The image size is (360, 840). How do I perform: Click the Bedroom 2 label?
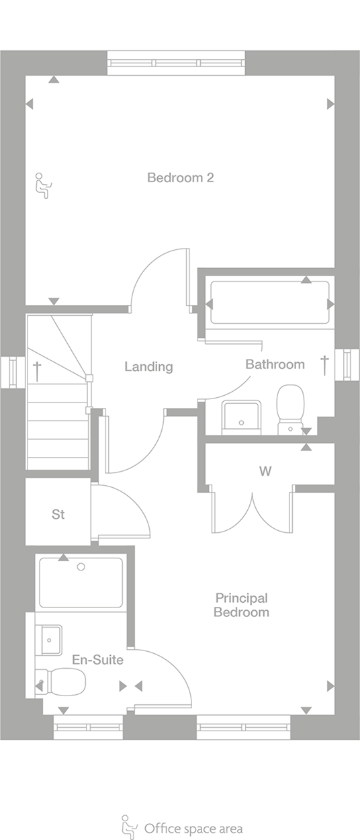pyautogui.click(x=181, y=177)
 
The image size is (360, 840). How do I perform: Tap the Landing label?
pyautogui.click(x=148, y=367)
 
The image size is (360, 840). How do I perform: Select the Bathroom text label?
pyautogui.click(x=275, y=364)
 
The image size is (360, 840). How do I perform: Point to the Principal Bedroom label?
pyautogui.click(x=242, y=605)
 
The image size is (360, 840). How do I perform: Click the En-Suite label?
pyautogui.click(x=98, y=660)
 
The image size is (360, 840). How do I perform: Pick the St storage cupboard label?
pyautogui.click(x=58, y=514)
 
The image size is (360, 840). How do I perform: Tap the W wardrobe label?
pyautogui.click(x=265, y=471)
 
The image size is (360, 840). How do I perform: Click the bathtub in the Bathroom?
pyautogui.click(x=270, y=302)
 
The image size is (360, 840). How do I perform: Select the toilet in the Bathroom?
pyautogui.click(x=290, y=409)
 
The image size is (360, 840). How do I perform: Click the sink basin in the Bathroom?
pyautogui.click(x=241, y=417)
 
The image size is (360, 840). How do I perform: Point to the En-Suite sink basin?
pyautogui.click(x=49, y=640)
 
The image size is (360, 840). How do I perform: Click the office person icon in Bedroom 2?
pyautogui.click(x=44, y=185)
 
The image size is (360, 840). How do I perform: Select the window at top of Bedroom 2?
pyautogui.click(x=176, y=63)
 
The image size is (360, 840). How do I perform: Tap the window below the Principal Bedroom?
pyautogui.click(x=244, y=727)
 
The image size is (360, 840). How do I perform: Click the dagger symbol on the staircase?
pyautogui.click(x=37, y=371)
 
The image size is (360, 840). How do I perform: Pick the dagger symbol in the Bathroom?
pyautogui.click(x=325, y=366)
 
